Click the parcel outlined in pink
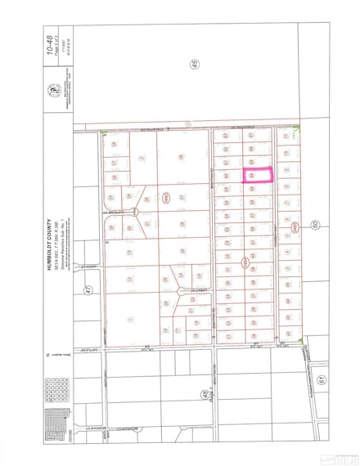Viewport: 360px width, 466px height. [x=259, y=175]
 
